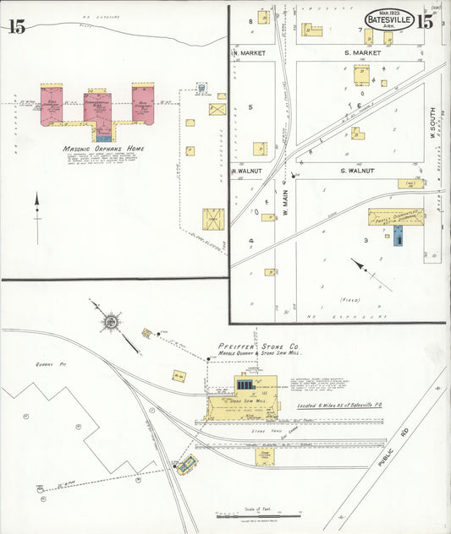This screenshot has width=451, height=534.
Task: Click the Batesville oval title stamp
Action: pos(389,19)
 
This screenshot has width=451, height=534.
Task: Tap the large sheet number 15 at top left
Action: pos(16,26)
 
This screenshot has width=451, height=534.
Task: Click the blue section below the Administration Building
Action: pos(103,134)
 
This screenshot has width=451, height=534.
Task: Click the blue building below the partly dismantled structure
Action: pos(398,237)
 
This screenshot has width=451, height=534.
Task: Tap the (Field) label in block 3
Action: pos(349,300)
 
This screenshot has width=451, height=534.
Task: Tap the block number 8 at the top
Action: pos(251,19)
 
